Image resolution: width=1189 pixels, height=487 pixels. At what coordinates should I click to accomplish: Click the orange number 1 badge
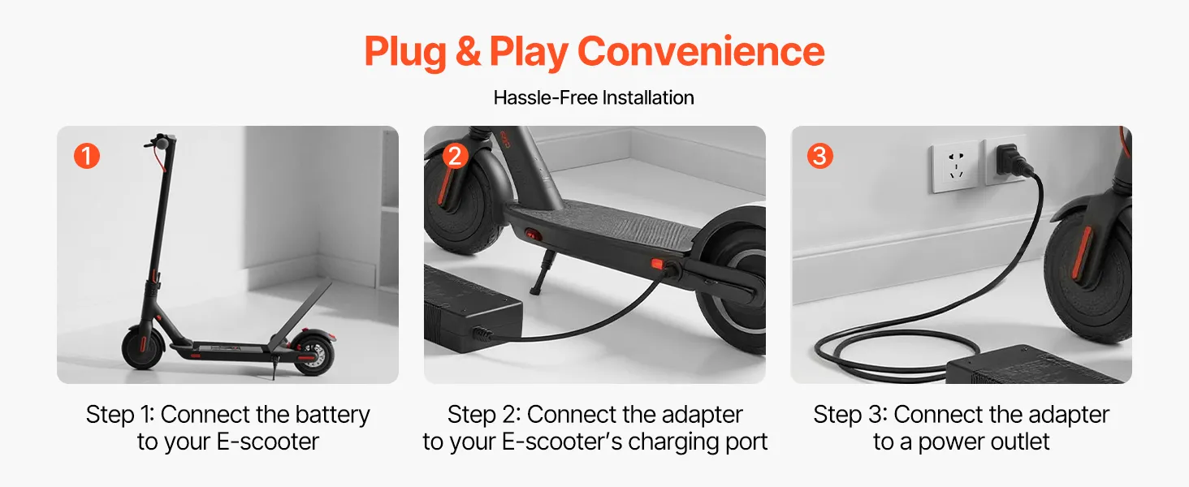(x=87, y=156)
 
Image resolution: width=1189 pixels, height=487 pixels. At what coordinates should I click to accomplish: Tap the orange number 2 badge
(x=455, y=156)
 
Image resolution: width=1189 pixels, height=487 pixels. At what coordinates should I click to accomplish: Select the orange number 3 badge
(x=820, y=156)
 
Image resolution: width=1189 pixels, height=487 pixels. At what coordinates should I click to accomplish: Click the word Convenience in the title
(x=701, y=51)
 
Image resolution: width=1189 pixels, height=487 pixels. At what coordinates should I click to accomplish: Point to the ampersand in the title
(x=468, y=51)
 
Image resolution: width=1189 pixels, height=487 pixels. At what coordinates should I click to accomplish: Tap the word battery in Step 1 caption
(x=332, y=415)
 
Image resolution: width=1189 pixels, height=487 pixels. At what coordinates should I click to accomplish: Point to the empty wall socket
(x=955, y=166)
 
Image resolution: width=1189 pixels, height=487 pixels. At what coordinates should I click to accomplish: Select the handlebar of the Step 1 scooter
(x=160, y=142)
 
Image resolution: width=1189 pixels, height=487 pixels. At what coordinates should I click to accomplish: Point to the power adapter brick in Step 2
(x=472, y=310)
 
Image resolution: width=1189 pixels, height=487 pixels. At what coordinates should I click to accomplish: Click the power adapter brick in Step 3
(x=1038, y=365)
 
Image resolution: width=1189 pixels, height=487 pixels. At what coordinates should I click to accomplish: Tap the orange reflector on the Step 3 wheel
(x=1081, y=252)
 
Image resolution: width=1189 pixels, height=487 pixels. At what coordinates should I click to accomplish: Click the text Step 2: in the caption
(x=484, y=415)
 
